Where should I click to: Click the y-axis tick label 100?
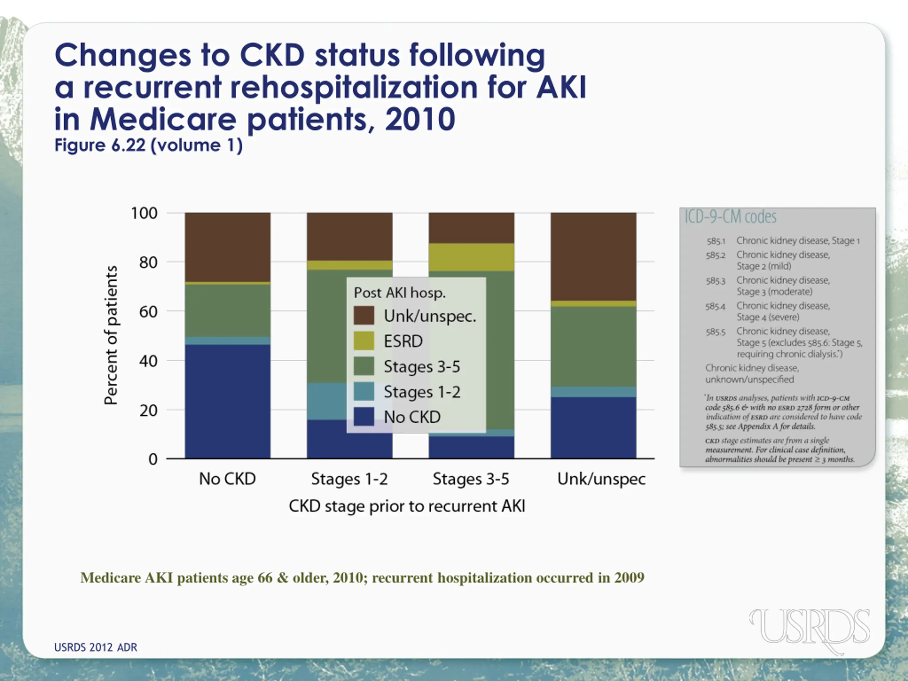click(144, 214)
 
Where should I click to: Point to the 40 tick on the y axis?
click(148, 361)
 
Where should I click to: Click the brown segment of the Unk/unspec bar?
click(593, 256)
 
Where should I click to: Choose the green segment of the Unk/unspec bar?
click(593, 347)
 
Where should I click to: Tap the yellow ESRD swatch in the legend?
click(364, 341)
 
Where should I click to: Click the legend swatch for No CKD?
click(364, 417)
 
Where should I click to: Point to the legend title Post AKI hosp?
click(399, 293)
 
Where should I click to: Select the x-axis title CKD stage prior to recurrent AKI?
click(407, 506)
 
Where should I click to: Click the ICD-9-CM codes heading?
click(730, 217)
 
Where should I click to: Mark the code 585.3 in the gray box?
click(715, 281)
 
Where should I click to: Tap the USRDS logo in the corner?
click(809, 630)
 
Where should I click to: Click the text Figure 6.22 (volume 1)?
click(149, 145)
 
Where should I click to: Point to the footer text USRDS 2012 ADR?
click(96, 647)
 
